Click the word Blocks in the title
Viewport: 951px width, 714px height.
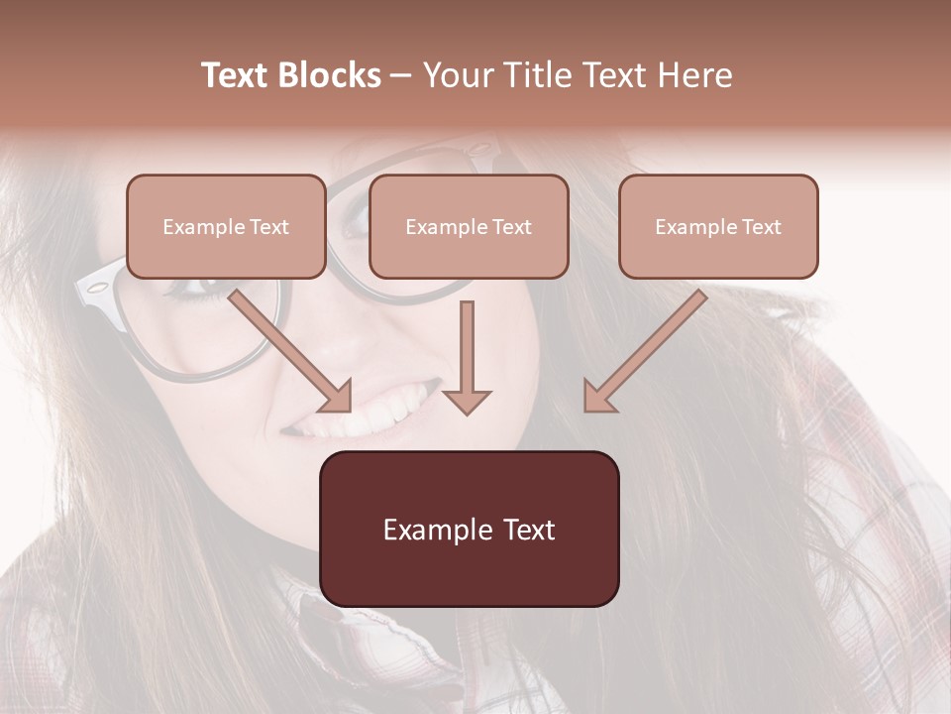(330, 75)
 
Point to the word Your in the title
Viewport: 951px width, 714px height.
(456, 75)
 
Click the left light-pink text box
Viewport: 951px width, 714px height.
(226, 256)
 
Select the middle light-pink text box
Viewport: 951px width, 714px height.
(469, 256)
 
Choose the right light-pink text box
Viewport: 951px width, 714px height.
(718, 256)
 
